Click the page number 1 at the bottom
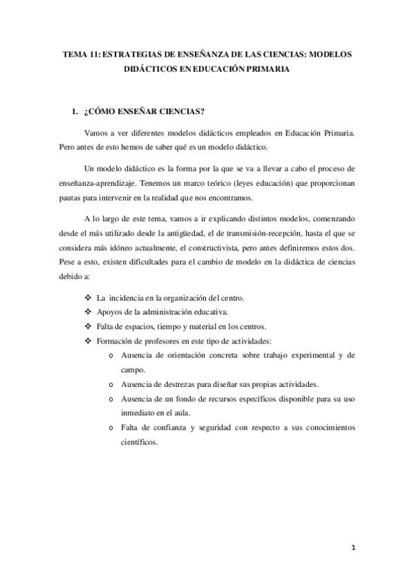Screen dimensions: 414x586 tap(353, 549)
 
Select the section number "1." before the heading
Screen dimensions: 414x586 tap(68, 111)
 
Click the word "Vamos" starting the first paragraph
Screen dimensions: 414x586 tap(95, 132)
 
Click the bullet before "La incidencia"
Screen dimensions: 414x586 tap(87, 298)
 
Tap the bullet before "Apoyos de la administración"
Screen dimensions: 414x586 tap(87, 312)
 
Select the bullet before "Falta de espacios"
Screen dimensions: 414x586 tap(87, 326)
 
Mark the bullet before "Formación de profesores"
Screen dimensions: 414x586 tap(87, 341)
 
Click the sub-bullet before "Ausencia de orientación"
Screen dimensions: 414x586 tap(113, 356)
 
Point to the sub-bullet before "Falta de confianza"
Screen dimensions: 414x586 tap(113, 428)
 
